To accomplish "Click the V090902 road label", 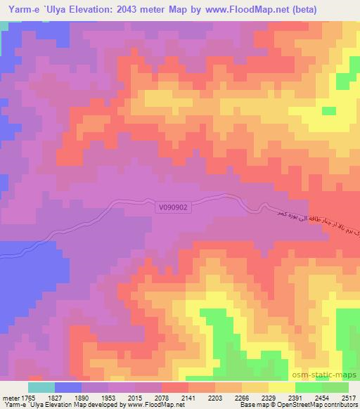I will click(173, 207).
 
